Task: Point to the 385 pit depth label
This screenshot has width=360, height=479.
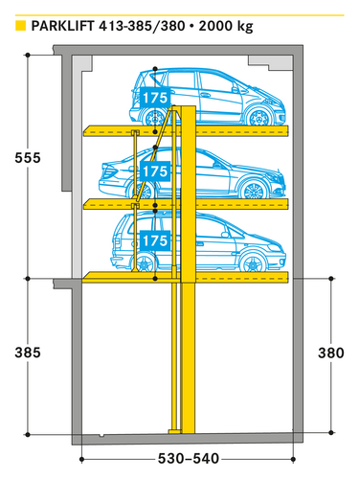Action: click(x=30, y=353)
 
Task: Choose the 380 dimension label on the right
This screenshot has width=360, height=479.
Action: click(x=330, y=353)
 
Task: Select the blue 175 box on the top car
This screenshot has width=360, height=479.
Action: click(x=154, y=97)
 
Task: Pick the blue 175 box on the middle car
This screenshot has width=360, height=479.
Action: click(x=154, y=171)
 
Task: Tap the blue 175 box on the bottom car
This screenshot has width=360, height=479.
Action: click(x=154, y=239)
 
